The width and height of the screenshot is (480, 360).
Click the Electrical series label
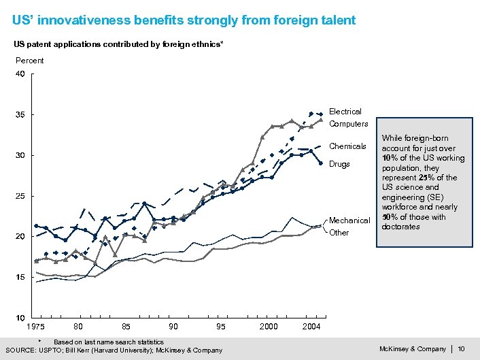345,112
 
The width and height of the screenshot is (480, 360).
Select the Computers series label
348,125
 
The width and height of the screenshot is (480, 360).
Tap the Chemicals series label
347,146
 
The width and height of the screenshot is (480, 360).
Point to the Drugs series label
339,164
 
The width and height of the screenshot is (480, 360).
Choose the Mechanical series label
349,220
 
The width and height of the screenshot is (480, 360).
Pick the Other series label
339,233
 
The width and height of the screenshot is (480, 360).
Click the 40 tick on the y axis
20,74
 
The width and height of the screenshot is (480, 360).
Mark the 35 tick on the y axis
20,115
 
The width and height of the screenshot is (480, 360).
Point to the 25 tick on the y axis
20,197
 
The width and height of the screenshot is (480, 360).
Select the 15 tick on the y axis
20,278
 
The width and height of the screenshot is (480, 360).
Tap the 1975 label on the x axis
36,327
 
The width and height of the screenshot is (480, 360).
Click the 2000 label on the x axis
268,327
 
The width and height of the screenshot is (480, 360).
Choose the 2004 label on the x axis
311,327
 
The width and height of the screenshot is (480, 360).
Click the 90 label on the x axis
173,327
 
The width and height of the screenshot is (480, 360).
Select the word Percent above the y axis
29,61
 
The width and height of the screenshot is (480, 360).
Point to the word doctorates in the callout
400,227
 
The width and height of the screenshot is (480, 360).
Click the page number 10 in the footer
462,349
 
